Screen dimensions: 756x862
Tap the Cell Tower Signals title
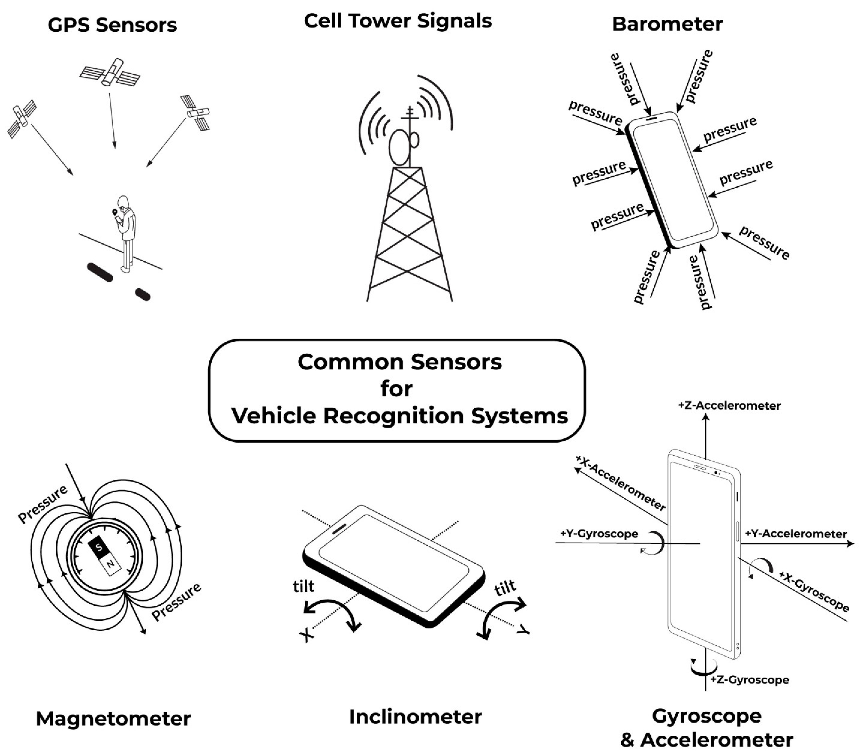(x=398, y=21)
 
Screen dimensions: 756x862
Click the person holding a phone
(x=126, y=232)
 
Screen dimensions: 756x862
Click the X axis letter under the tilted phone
(x=307, y=636)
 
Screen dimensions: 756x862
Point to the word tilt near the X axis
(x=304, y=586)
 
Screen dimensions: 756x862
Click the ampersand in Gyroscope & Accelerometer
(x=627, y=740)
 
